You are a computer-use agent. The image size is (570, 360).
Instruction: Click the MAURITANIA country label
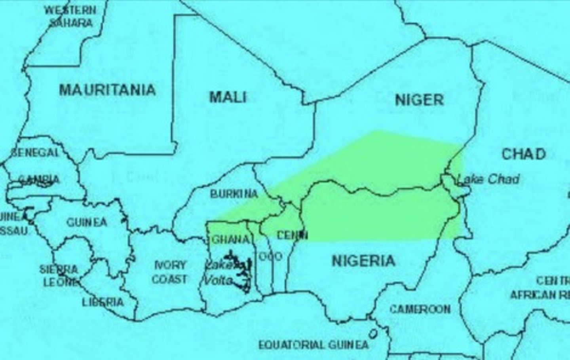[107, 90]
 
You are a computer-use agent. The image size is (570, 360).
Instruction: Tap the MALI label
[228, 97]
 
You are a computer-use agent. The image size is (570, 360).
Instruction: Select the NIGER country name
[419, 100]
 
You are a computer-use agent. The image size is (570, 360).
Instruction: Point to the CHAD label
[524, 154]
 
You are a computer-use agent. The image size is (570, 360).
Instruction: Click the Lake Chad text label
[488, 179]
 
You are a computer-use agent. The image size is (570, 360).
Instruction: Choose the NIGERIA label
[363, 261]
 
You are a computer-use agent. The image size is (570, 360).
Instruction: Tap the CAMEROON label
[420, 309]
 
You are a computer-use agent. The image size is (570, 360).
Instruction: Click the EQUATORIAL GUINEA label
[313, 345]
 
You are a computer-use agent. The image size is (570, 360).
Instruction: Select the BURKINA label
[234, 194]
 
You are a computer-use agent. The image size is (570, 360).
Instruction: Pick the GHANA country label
[231, 239]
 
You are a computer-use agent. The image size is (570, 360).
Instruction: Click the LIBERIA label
[103, 302]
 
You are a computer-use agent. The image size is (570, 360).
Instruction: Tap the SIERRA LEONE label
[59, 276]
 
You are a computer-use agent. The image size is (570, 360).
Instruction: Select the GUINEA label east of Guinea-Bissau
[86, 222]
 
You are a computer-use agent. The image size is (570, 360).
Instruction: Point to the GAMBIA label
[39, 180]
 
